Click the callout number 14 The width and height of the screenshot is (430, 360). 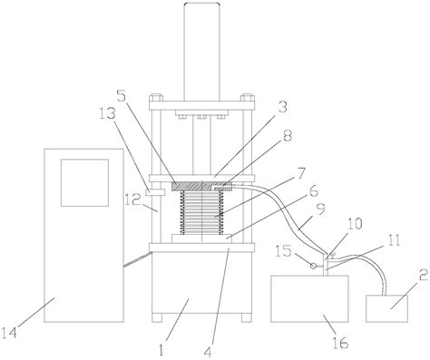[10, 332]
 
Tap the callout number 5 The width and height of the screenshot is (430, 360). [122, 96]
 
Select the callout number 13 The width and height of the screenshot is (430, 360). [108, 113]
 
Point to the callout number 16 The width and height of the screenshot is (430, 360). [340, 343]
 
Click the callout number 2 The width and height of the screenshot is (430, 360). [423, 276]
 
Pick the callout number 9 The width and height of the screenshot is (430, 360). [320, 209]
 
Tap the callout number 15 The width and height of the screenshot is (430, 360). [284, 251]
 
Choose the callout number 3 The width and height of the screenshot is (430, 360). [282, 107]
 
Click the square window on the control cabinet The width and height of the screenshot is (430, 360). [84, 183]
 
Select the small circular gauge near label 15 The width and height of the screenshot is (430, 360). [313, 266]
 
